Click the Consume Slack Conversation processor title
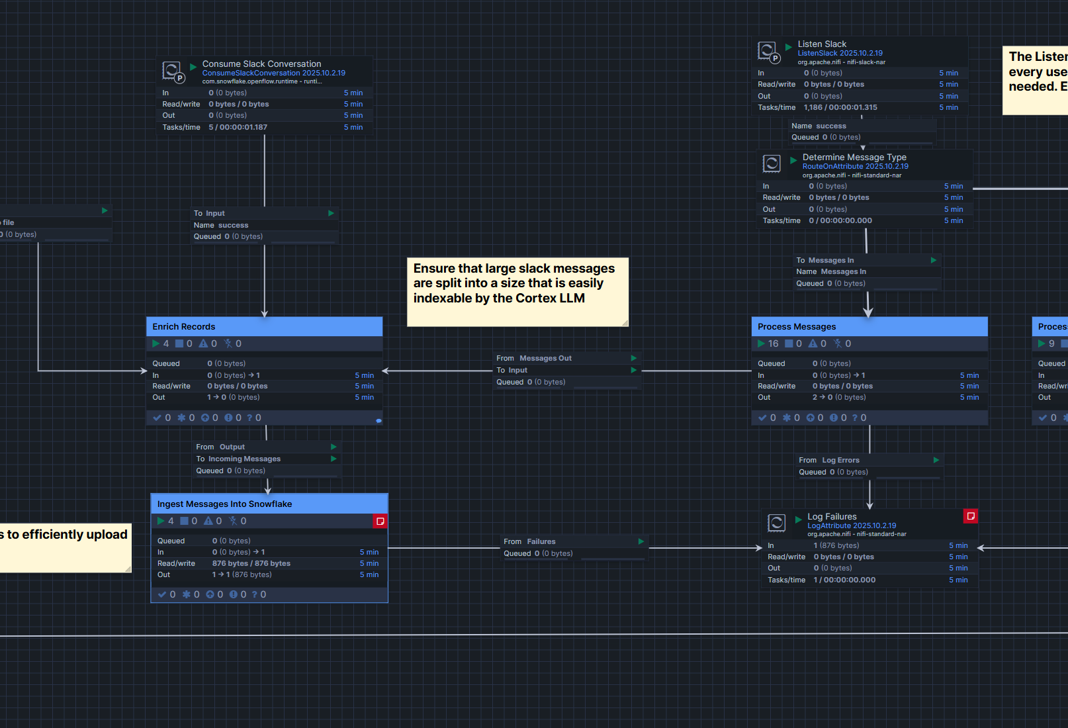[261, 64]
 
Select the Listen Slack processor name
[822, 44]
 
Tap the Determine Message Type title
[854, 158]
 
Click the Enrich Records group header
[184, 326]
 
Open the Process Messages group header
[797, 326]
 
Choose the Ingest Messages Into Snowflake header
[224, 504]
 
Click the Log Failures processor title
[832, 516]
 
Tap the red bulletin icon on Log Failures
[971, 516]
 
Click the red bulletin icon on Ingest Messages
[380, 522]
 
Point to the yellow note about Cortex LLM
[516, 291]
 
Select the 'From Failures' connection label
[529, 541]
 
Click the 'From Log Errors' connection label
[829, 460]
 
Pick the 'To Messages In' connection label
[825, 260]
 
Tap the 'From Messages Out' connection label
[534, 358]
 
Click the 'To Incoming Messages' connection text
[238, 459]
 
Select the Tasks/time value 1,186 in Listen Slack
[813, 107]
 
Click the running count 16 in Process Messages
[773, 343]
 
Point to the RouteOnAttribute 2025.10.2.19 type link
[855, 167]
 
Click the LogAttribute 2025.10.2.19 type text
[852, 525]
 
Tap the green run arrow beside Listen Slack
[789, 47]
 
